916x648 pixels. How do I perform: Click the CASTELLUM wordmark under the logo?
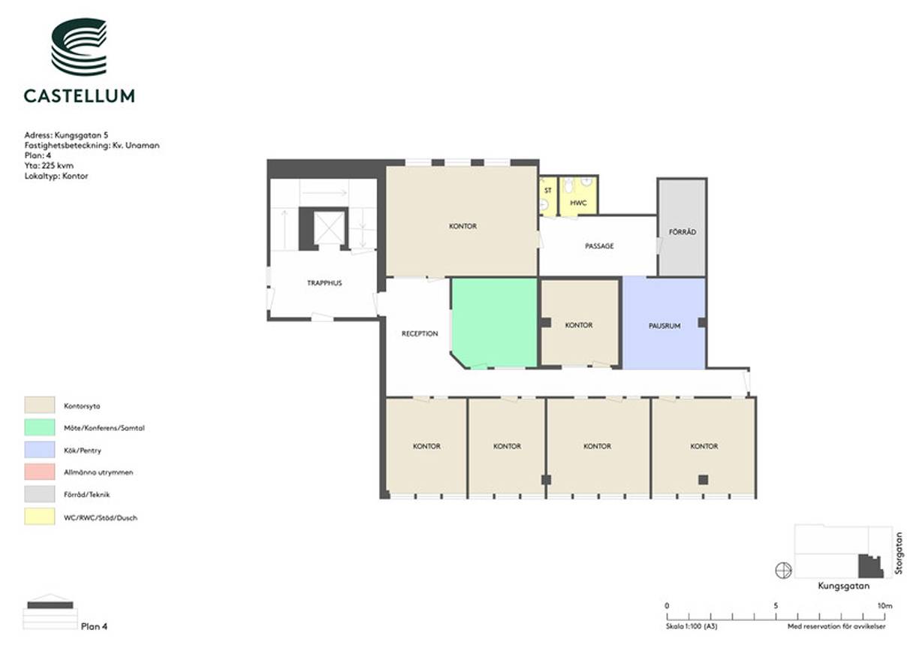80,96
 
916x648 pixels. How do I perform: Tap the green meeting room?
494,323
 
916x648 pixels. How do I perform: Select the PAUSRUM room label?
664,326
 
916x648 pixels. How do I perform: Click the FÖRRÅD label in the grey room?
682,232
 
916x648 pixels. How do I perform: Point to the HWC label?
578,203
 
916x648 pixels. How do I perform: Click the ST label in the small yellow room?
548,191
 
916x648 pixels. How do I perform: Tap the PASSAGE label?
599,246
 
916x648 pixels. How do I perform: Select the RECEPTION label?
420,333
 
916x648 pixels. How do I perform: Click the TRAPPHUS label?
324,283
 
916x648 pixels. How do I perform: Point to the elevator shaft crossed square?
329,228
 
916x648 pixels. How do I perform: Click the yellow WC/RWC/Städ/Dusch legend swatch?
40,517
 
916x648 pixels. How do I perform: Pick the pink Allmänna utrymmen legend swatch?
40,472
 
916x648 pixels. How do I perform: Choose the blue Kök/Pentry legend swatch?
40,449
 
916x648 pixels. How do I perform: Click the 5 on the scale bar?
776,606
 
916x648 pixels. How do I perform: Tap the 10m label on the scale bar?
885,606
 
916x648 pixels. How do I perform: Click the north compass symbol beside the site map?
784,571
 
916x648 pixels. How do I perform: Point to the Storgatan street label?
899,553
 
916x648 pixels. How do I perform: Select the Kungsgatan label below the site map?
844,586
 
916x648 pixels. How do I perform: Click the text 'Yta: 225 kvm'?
49,166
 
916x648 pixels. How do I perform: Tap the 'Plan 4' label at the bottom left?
94,626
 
